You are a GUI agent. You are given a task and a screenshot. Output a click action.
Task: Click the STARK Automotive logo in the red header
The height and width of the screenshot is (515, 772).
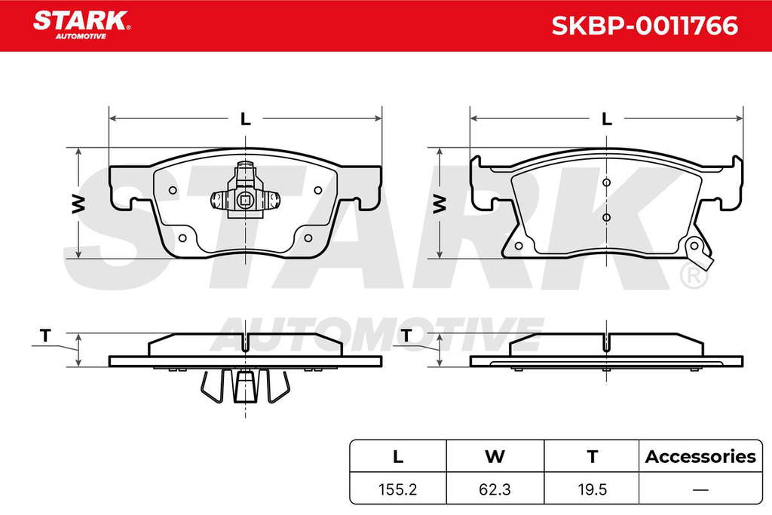[81, 25]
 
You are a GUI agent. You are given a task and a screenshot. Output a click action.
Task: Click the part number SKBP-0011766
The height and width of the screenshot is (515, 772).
[645, 26]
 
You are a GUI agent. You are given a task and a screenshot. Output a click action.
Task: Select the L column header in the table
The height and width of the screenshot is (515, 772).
[398, 456]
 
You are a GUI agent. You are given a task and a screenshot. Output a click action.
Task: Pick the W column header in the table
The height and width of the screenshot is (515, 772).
[495, 456]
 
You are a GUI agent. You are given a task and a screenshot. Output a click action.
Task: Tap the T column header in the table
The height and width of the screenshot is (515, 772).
[593, 456]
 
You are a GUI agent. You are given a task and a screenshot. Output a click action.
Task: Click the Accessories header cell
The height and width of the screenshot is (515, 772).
[700, 456]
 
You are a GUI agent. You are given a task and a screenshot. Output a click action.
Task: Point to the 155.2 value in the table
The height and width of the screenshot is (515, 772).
[398, 489]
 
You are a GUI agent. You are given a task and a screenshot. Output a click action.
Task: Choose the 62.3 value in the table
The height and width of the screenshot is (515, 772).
[495, 489]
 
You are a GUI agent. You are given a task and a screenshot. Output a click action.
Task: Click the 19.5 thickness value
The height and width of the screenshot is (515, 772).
[593, 489]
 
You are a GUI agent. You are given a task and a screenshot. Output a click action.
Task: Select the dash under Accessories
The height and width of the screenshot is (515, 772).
[700, 489]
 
